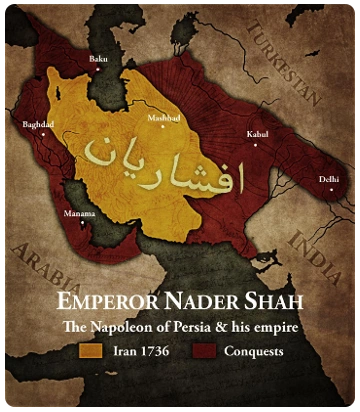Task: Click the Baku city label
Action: [x=98, y=59]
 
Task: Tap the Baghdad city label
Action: [x=38, y=124]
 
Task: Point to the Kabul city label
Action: [x=257, y=133]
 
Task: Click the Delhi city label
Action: [x=328, y=178]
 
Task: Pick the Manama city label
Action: [x=80, y=213]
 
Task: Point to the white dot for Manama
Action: [x=83, y=222]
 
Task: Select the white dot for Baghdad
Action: [x=42, y=134]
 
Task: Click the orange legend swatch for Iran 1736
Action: [x=91, y=352]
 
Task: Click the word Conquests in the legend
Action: [x=252, y=352]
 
